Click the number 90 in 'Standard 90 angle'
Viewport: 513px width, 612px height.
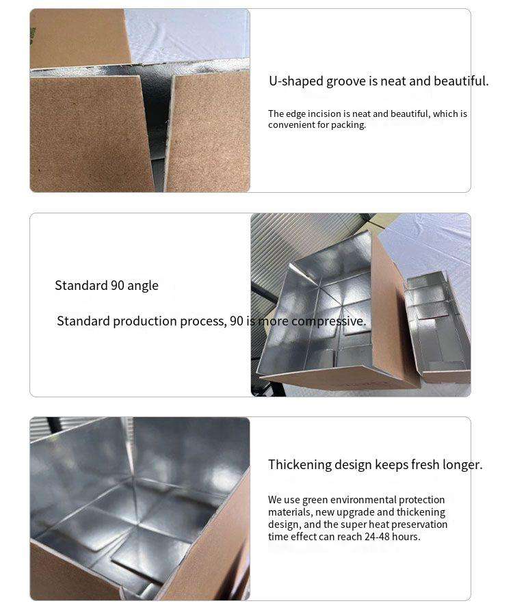coord(118,285)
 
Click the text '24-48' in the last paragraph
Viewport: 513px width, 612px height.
coord(377,537)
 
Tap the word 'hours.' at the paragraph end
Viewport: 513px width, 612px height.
coord(406,537)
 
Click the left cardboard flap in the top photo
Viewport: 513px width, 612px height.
coord(92,133)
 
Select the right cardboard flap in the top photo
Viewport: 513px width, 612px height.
coord(208,131)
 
